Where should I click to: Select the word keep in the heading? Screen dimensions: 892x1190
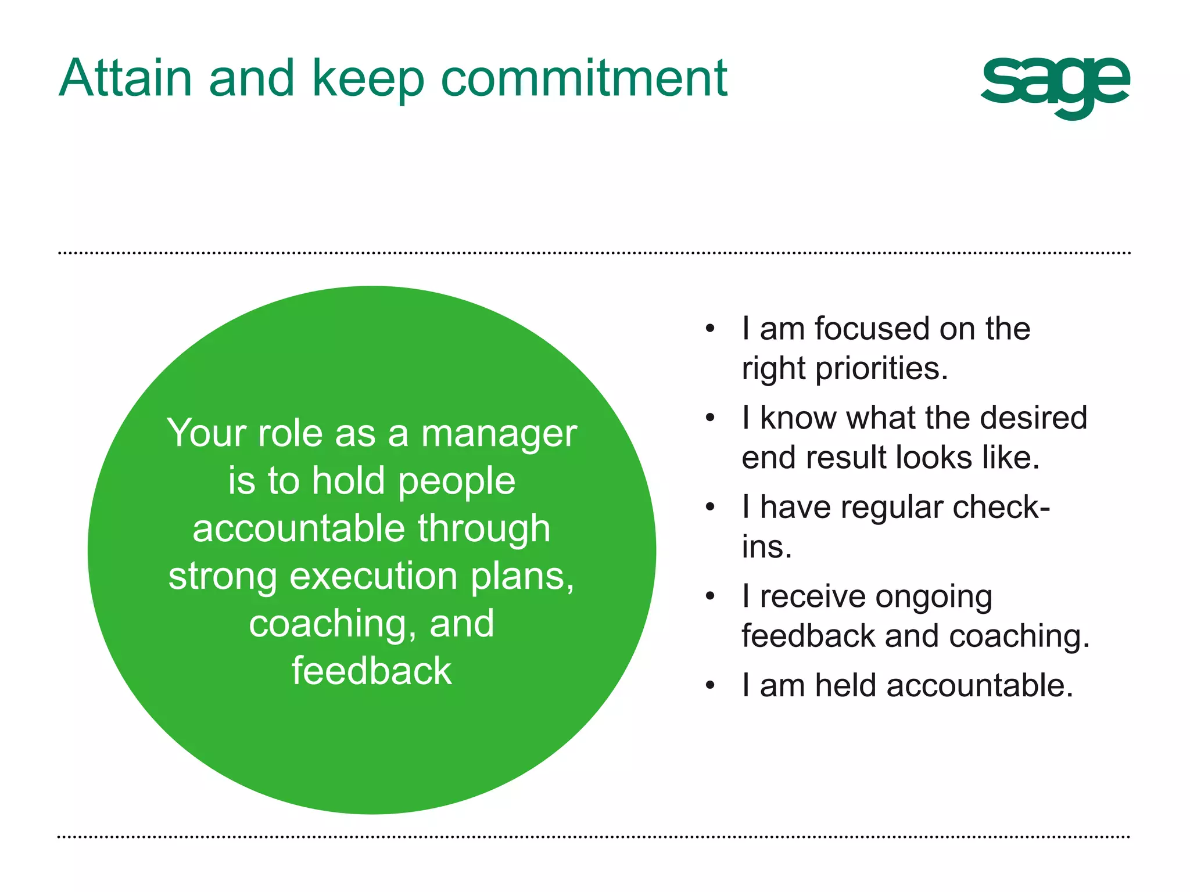[368, 80]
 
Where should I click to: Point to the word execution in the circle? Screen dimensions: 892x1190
[374, 577]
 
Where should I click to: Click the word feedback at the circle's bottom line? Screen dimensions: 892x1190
[371, 671]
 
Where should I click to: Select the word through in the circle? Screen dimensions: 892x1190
[484, 529]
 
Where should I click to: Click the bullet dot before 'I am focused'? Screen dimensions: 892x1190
[709, 329]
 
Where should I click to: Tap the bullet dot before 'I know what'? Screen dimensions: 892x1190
[709, 419]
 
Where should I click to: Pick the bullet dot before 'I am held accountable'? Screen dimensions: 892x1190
[709, 686]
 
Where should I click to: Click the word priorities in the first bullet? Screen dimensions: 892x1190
[881, 369]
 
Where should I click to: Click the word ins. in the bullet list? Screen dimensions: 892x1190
[766, 547]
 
